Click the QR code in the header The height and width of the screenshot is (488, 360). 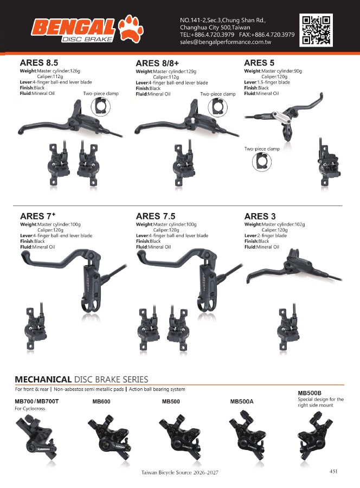pyautogui.click(x=316, y=30)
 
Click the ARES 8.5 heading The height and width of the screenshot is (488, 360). pyautogui.click(x=39, y=62)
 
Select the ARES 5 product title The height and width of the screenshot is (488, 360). pyautogui.click(x=259, y=63)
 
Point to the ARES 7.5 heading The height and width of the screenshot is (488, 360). pyautogui.click(x=156, y=216)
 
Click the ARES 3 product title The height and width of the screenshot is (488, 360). pyautogui.click(x=260, y=216)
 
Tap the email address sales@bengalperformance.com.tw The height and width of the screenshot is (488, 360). pyautogui.click(x=226, y=42)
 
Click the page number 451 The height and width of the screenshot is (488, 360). pyautogui.click(x=333, y=471)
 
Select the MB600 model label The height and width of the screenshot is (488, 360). pyautogui.click(x=101, y=401)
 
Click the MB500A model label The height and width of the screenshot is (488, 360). pyautogui.click(x=242, y=401)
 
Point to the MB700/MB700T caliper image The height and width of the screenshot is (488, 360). pyautogui.click(x=36, y=439)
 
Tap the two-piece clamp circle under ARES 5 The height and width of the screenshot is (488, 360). pyautogui.click(x=262, y=162)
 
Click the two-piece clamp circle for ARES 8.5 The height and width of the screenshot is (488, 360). pyautogui.click(x=100, y=107)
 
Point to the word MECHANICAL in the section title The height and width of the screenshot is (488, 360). pyautogui.click(x=43, y=380)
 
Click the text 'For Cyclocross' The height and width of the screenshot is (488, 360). pyautogui.click(x=30, y=409)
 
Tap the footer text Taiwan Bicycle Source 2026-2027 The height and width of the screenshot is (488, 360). pyautogui.click(x=180, y=472)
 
